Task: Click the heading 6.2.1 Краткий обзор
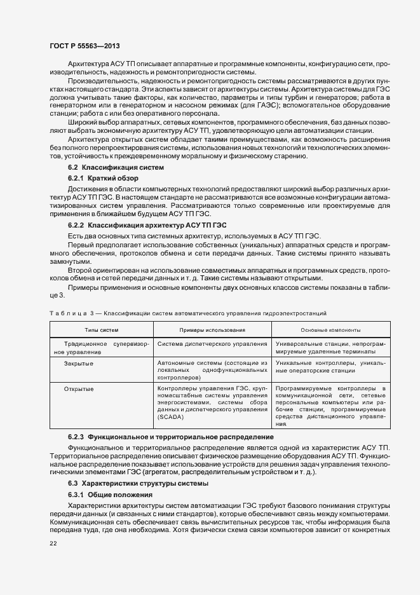pos(103,178)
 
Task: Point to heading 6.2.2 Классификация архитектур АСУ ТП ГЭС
pos(147,225)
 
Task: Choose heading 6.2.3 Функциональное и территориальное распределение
pos(170,437)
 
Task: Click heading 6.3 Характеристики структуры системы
pos(137,484)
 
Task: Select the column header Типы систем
pos(102,330)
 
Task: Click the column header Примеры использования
pos(212,330)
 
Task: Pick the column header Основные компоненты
pos(331,330)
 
